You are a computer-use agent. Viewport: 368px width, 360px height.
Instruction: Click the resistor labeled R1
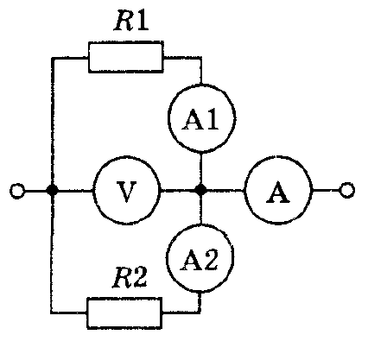pyautogui.click(x=126, y=57)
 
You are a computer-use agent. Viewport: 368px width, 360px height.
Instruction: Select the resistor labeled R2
pyautogui.click(x=124, y=313)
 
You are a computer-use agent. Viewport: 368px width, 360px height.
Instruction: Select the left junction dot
pyautogui.click(x=52, y=191)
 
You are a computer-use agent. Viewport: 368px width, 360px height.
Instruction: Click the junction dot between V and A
pyautogui.click(x=200, y=190)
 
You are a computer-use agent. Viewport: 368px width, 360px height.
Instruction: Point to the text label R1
pyautogui.click(x=131, y=21)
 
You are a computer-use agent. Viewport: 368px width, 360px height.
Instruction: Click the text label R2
pyautogui.click(x=130, y=277)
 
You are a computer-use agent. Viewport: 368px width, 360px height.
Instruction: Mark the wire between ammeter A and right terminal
pyautogui.click(x=326, y=190)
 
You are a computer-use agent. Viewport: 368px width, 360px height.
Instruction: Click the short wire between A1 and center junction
pyautogui.click(x=201, y=168)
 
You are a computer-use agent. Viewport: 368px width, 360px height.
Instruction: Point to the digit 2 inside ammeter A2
pyautogui.click(x=210, y=260)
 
